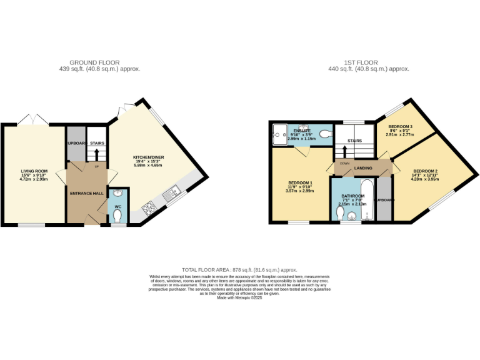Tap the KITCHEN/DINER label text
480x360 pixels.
coord(148,157)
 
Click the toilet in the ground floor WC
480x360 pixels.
coord(118,217)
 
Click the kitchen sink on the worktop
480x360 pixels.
coord(167,198)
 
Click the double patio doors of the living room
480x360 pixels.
coord(33,119)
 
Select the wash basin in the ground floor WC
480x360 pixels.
coord(118,194)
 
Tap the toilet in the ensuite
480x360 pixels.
coord(324,134)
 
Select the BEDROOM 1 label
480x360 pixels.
coord(299,182)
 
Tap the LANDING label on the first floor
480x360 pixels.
coord(363,168)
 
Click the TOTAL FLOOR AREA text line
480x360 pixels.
coord(239,269)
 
